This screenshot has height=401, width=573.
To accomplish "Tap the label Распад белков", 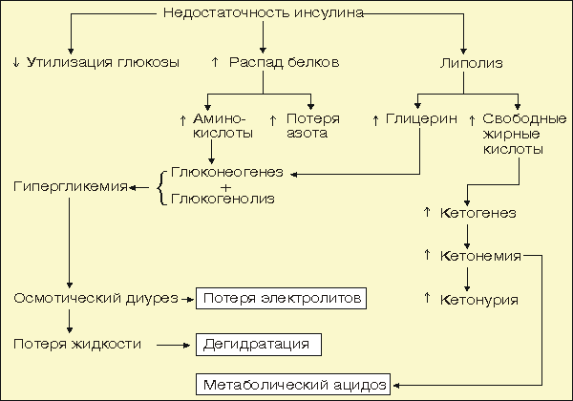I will click(x=284, y=62).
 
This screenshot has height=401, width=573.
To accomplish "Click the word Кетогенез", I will click(x=477, y=213).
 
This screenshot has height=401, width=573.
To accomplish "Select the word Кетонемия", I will click(x=479, y=256).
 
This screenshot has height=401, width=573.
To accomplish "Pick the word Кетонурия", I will click(x=477, y=300).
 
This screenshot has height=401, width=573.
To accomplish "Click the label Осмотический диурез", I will click(x=95, y=299).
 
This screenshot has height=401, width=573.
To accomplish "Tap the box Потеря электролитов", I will click(x=281, y=299).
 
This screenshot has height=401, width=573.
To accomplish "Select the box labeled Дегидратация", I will click(x=259, y=342).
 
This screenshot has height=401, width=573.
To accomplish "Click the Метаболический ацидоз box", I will click(x=293, y=385).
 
